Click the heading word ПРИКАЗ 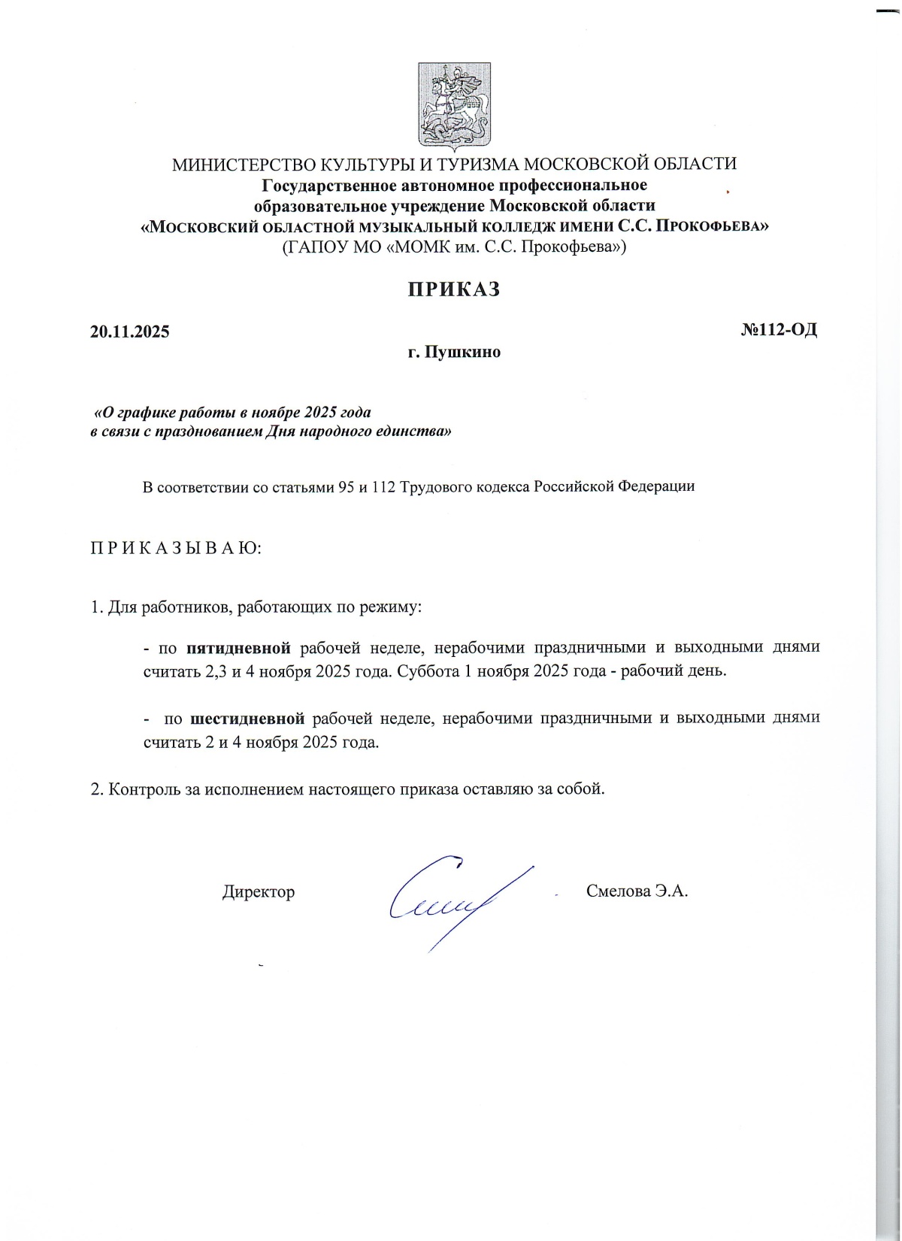[454, 290]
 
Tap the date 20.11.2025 [130, 331]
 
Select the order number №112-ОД [779, 330]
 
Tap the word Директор [259, 892]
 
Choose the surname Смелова [618, 891]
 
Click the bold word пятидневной [238, 648]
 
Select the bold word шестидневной [247, 718]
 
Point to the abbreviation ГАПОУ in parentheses [312, 246]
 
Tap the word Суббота [428, 671]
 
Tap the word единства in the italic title [416, 432]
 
